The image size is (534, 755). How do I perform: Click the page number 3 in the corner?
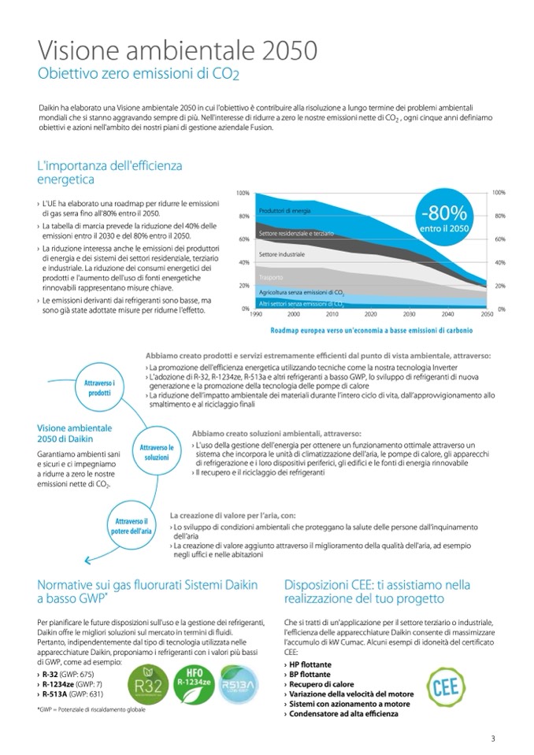point(493,738)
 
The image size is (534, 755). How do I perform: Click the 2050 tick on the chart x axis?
point(486,313)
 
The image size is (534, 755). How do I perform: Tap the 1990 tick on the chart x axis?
point(255,313)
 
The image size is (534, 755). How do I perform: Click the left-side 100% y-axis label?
point(243,193)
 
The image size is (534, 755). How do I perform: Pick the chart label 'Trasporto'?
point(271,277)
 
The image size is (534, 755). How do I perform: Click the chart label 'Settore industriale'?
point(282,254)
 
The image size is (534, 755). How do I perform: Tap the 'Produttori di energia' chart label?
point(284,211)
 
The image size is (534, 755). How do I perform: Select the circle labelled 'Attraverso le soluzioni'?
point(156,452)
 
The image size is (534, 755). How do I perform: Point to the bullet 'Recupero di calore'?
point(315,684)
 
